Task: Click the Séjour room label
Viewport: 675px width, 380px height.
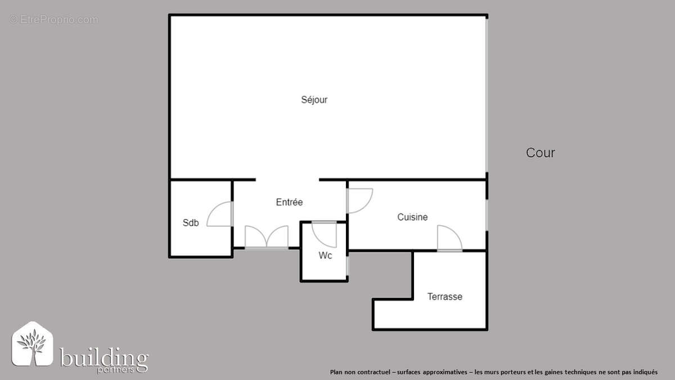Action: [x=314, y=100]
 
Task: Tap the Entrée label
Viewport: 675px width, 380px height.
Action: [x=289, y=202]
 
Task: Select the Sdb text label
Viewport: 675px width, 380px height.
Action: [x=191, y=223]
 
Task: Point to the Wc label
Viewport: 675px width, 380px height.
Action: [x=325, y=255]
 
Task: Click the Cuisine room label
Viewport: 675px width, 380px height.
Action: [x=412, y=217]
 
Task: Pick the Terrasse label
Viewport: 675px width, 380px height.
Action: [x=444, y=297]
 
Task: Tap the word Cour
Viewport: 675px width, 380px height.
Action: [x=540, y=153]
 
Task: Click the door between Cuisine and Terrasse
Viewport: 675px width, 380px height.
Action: [x=449, y=238]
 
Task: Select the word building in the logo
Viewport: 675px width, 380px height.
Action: [x=104, y=358]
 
